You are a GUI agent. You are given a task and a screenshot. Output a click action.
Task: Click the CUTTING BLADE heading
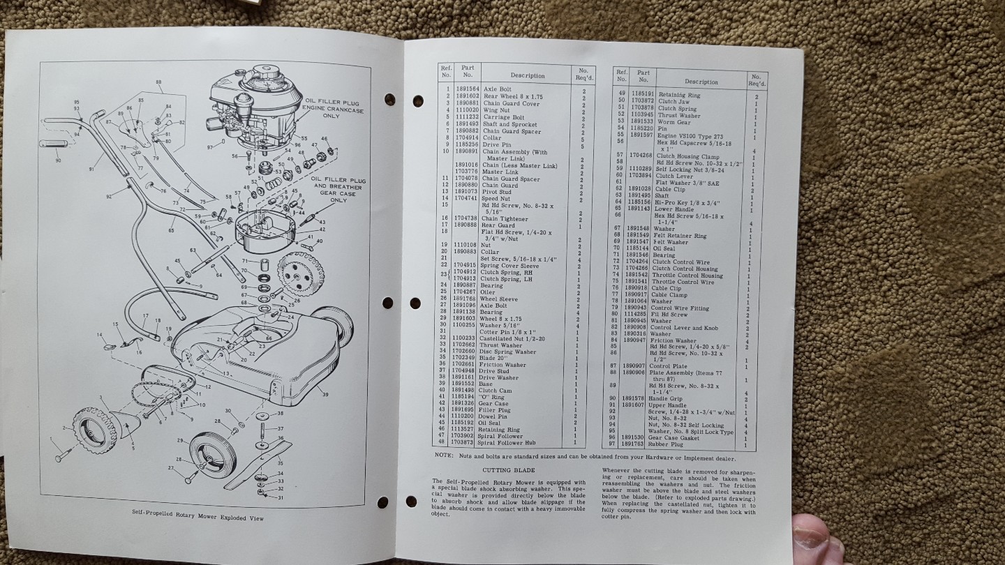point(514,470)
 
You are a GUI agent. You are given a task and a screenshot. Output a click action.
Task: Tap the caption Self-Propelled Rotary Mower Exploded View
point(198,518)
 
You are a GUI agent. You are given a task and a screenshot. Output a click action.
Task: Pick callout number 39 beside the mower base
point(325,395)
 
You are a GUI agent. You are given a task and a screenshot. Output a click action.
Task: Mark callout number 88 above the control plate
point(158,82)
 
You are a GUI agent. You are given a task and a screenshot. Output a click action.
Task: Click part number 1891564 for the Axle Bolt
point(468,89)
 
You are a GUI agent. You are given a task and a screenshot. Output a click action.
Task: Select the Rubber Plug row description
point(667,444)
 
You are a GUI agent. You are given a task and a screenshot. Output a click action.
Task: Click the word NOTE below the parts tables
point(444,457)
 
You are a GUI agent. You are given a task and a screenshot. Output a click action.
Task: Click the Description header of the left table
point(527,75)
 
